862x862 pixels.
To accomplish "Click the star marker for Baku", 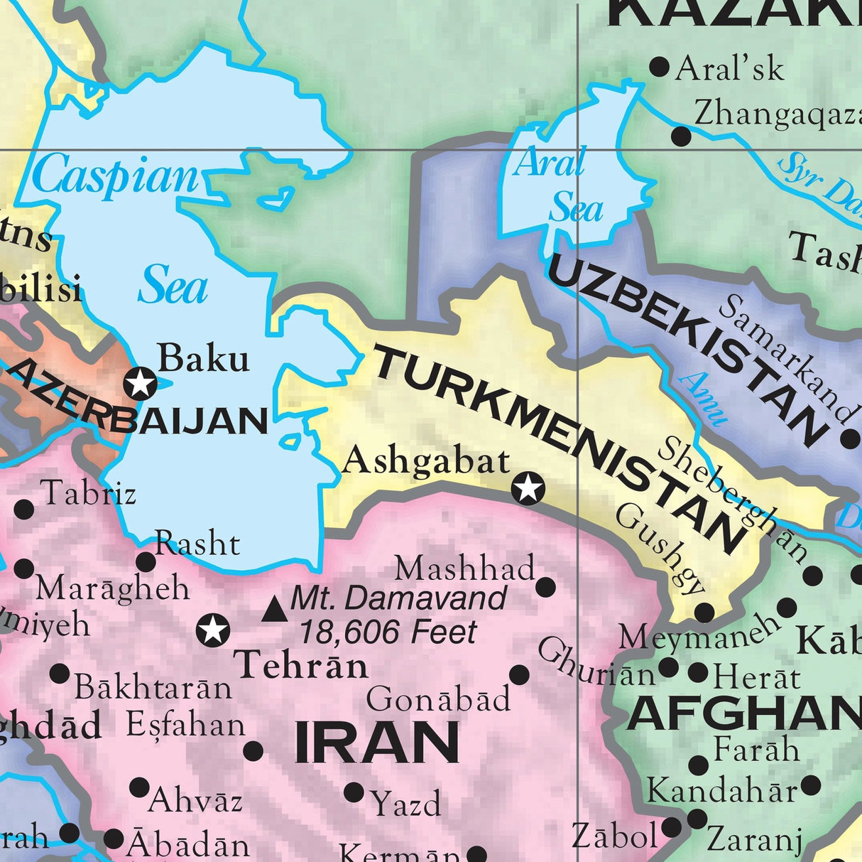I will tap(140, 384).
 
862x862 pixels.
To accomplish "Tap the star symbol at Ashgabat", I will tap(528, 488).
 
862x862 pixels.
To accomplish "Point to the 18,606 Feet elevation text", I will tap(388, 632).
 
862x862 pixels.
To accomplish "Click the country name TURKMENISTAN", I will tap(561, 448).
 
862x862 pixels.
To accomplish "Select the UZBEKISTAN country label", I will tap(689, 348).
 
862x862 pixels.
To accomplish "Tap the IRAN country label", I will tap(376, 743).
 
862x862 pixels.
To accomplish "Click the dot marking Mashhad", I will tap(545, 587).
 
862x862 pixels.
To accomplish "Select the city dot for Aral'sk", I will tap(660, 68).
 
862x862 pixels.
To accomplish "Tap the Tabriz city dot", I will tap(24, 509).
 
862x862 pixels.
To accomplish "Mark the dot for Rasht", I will tap(146, 562).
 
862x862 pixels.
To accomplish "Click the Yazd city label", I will tap(406, 804).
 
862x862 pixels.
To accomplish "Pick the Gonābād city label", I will tap(438, 700).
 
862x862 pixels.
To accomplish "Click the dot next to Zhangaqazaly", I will tap(681, 136).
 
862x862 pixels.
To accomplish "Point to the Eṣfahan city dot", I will tap(253, 751).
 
